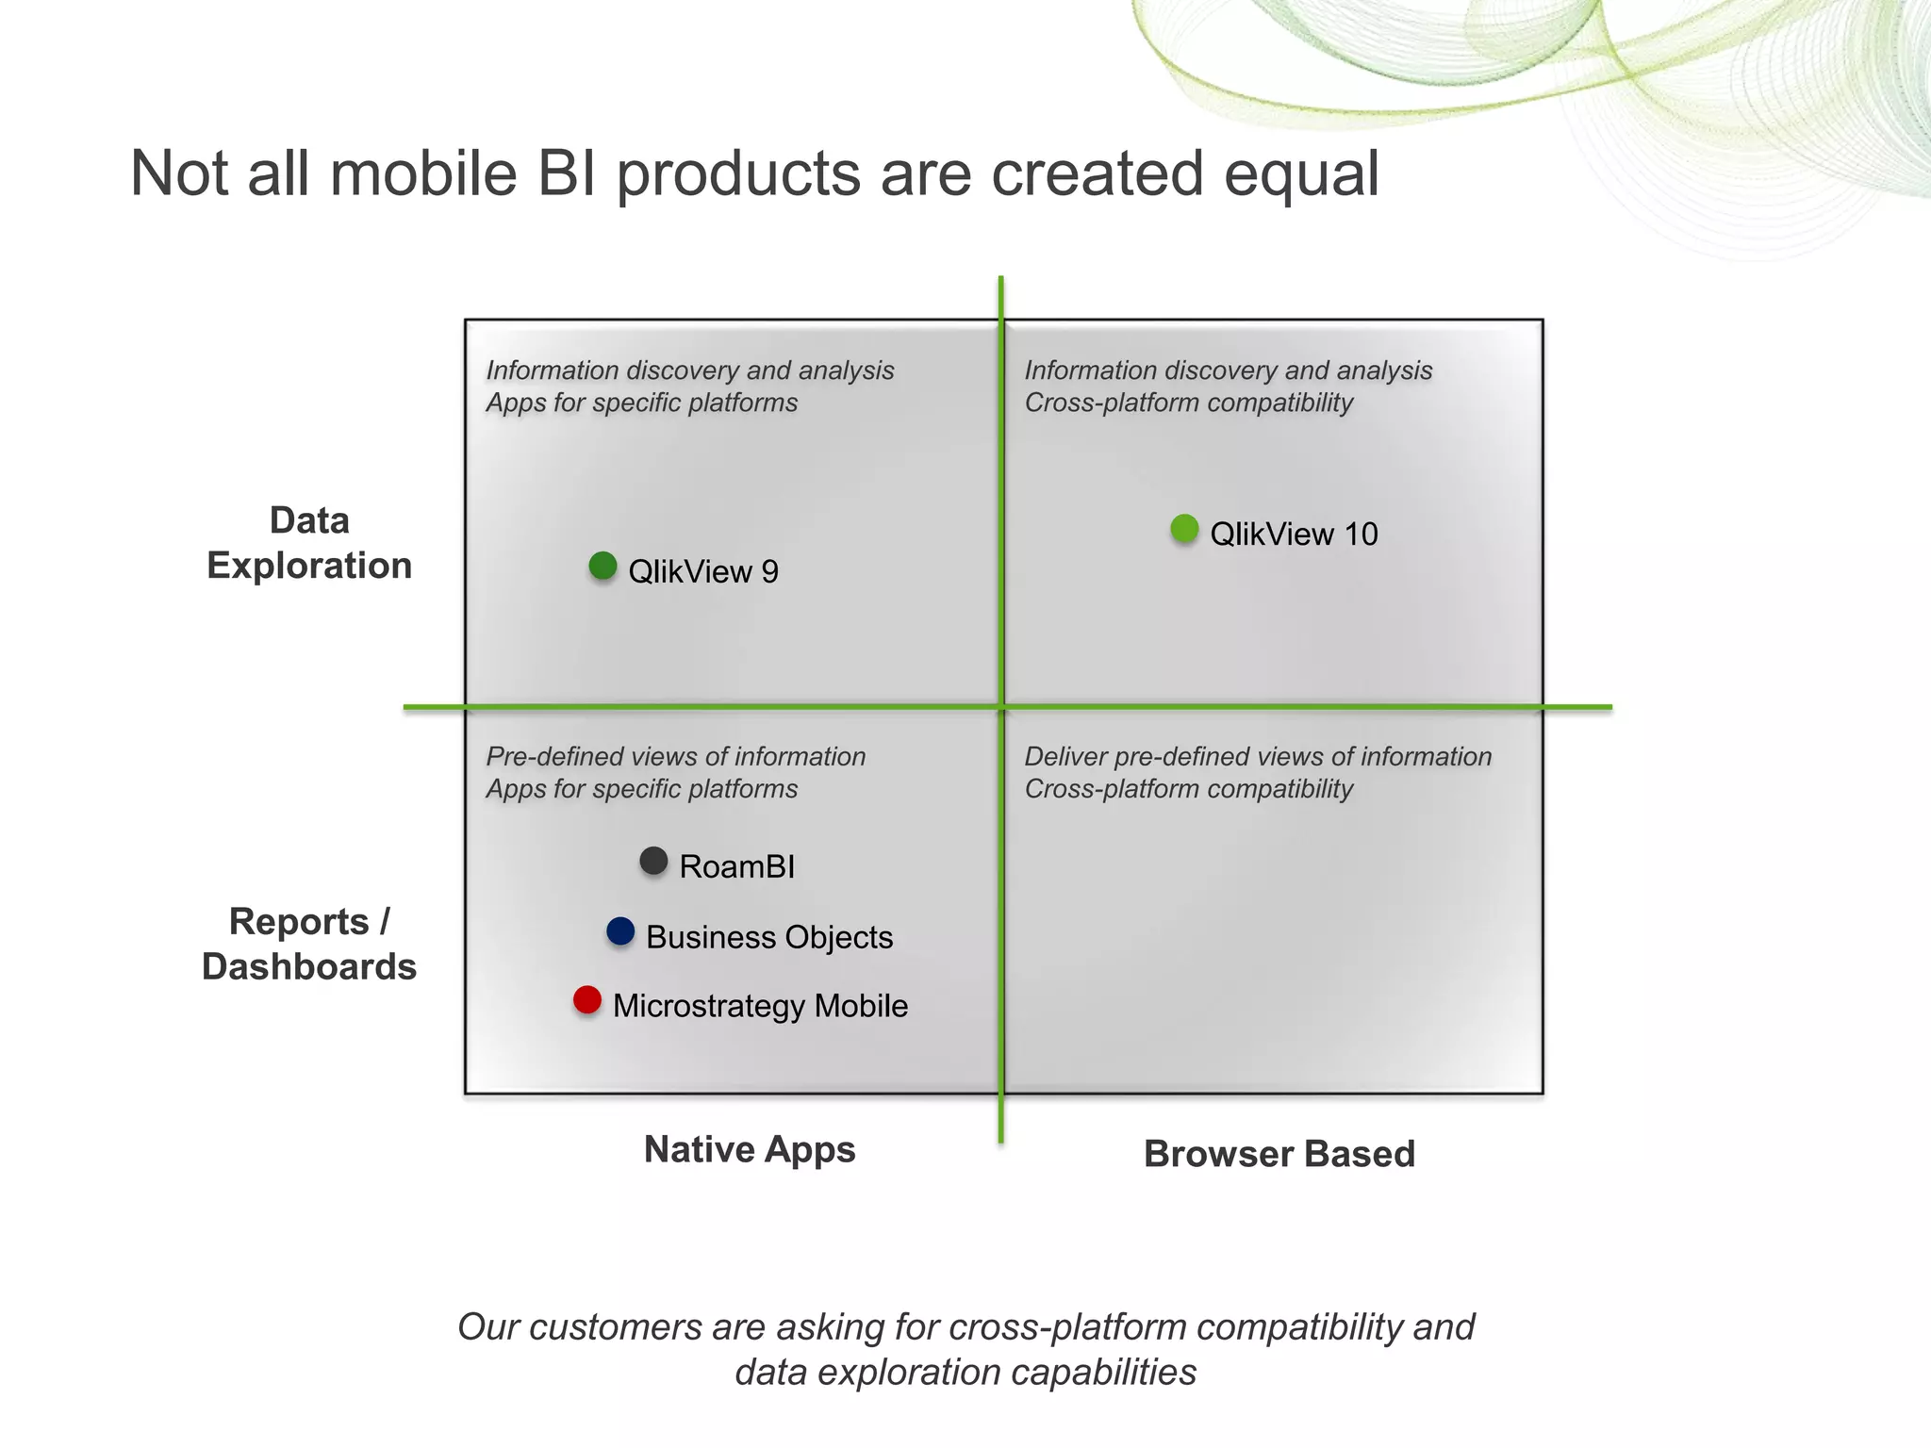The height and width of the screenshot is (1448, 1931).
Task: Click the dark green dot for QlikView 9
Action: click(602, 566)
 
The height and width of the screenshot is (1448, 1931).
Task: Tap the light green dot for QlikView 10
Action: click(1184, 528)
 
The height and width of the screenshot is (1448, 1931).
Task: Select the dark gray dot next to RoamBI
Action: click(653, 861)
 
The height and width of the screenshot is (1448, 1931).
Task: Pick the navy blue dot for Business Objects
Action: click(620, 931)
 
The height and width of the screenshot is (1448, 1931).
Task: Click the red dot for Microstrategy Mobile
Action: click(587, 1000)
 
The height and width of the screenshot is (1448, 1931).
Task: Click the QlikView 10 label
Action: click(1294, 535)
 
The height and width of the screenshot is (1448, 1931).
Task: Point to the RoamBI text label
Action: click(737, 866)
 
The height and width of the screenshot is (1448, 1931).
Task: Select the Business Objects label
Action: click(769, 937)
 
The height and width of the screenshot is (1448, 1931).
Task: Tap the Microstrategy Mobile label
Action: click(760, 1006)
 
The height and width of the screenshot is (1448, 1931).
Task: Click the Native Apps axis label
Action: click(750, 1149)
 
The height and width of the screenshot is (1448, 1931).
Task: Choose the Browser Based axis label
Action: click(1279, 1154)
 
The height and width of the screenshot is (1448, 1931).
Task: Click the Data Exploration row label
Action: click(309, 543)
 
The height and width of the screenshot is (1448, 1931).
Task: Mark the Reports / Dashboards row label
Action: click(309, 944)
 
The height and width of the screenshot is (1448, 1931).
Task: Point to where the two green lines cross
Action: click(1001, 706)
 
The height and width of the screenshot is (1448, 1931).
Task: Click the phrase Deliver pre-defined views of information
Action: click(1258, 756)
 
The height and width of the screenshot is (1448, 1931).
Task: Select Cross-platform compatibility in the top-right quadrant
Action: click(1188, 403)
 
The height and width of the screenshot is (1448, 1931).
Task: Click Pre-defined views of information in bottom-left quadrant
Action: click(675, 756)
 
